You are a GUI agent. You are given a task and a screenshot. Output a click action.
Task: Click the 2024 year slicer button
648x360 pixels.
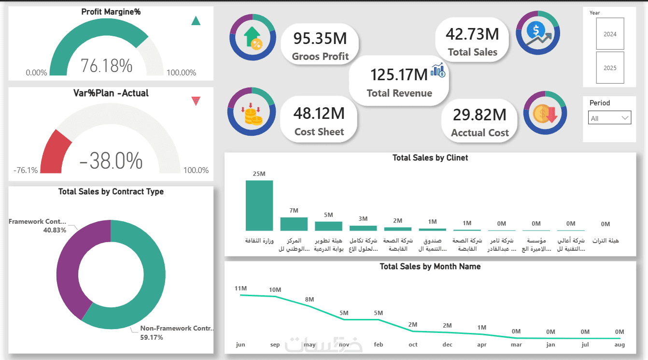(610, 34)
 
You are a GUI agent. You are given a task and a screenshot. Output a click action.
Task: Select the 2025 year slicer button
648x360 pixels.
(610, 68)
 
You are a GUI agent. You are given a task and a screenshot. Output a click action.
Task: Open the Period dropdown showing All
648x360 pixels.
(610, 118)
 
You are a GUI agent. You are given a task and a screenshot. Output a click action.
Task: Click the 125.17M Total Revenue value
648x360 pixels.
(399, 74)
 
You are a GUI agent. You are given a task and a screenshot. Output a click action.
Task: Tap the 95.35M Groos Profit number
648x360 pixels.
(320, 38)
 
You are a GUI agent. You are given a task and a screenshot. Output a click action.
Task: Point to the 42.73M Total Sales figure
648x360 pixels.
(472, 34)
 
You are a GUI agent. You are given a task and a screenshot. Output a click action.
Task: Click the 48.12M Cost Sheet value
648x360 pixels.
(319, 113)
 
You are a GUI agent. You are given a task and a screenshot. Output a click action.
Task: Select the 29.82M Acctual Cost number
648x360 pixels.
(479, 115)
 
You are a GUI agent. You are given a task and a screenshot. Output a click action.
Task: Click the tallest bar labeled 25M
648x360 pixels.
(259, 205)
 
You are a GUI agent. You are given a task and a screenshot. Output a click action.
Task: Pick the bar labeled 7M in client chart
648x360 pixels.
(294, 224)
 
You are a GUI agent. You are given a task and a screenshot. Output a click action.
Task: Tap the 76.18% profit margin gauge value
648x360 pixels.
(106, 65)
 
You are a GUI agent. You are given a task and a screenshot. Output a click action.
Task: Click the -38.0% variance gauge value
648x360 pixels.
(111, 160)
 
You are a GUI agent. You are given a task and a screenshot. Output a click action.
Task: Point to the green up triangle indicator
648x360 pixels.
(196, 21)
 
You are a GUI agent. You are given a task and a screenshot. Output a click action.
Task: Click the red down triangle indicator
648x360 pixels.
(196, 101)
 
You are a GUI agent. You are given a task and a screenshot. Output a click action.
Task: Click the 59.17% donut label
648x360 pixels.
(152, 337)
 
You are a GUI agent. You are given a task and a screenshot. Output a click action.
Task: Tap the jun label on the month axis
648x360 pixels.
(240, 345)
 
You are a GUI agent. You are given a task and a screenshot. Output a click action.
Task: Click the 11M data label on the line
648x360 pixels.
(240, 288)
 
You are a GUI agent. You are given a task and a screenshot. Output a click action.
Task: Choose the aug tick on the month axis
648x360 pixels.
(620, 345)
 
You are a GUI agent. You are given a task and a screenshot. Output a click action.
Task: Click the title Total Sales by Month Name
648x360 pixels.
(430, 266)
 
